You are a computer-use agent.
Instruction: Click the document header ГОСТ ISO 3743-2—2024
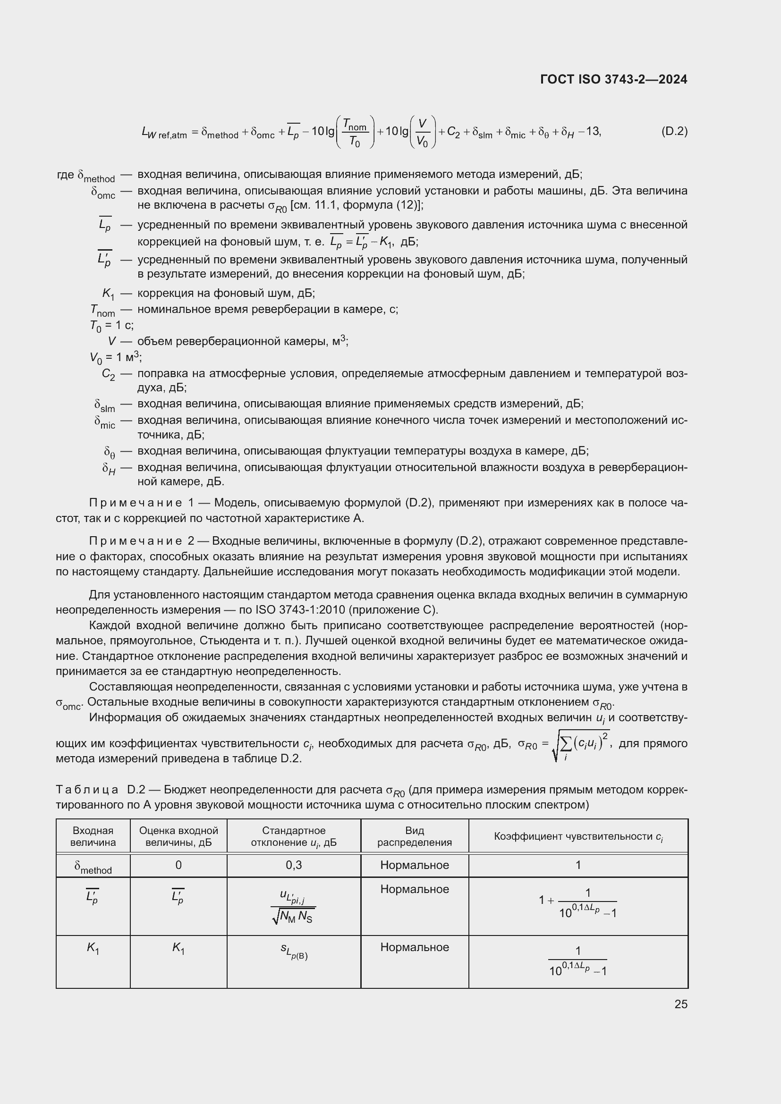coord(614,79)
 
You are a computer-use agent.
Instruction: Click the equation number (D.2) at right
coord(674,131)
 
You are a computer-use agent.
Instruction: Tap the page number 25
coord(680,1004)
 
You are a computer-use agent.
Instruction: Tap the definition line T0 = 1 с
coord(111,326)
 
